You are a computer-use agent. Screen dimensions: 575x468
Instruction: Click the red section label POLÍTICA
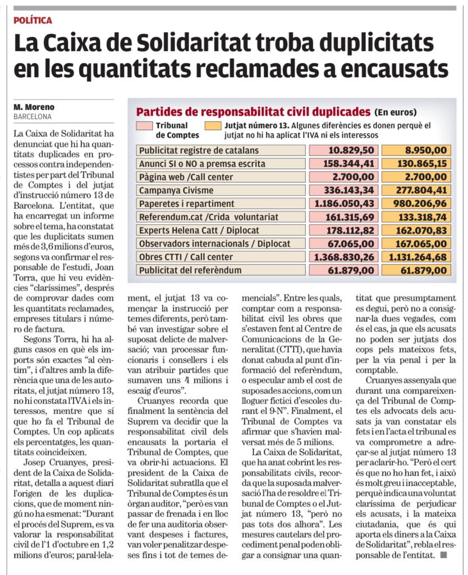33,20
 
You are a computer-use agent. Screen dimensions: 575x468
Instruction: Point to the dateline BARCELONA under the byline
32,117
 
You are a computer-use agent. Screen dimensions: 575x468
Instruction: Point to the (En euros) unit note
396,111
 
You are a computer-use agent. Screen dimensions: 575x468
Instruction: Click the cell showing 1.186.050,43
344,204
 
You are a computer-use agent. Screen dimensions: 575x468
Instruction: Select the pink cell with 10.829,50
344,150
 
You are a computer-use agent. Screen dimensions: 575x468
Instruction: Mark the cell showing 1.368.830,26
344,257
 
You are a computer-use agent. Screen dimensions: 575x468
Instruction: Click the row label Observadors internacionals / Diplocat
215,244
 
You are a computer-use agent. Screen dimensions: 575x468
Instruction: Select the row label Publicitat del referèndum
190,270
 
